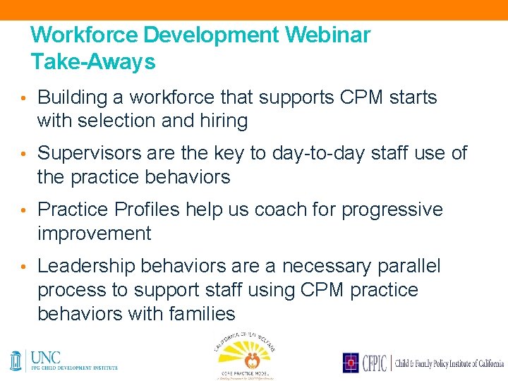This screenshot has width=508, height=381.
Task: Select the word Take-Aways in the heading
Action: point(93,62)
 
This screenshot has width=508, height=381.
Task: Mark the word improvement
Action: point(94,234)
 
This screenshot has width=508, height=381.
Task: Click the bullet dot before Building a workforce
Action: point(23,98)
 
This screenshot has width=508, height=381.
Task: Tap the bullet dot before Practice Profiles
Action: point(23,210)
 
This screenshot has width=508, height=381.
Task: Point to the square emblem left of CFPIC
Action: point(351,363)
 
